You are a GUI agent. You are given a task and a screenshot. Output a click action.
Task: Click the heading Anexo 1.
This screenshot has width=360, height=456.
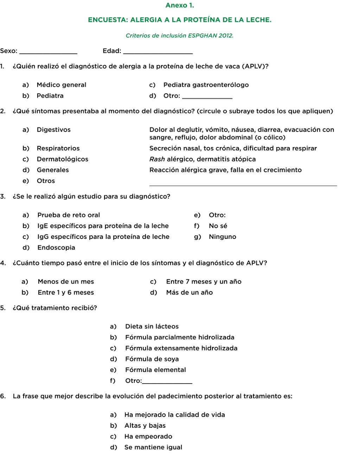click(x=180, y=5)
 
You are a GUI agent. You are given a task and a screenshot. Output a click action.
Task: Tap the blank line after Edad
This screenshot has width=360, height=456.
click(x=159, y=53)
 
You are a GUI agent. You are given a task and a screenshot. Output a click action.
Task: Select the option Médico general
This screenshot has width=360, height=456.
click(x=61, y=85)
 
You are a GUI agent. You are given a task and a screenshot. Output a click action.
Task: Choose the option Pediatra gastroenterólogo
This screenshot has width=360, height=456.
click(x=206, y=85)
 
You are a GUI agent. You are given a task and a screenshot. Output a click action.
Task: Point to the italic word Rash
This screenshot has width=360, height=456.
click(x=157, y=159)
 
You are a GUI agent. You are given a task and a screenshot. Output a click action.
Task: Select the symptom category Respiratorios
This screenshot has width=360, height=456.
click(x=58, y=148)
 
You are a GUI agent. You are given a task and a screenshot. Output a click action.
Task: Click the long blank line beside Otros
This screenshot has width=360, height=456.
click(x=243, y=184)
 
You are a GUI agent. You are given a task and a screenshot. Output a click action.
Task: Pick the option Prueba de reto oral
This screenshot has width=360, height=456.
click(x=69, y=215)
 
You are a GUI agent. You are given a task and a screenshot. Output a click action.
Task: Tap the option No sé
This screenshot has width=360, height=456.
click(x=218, y=226)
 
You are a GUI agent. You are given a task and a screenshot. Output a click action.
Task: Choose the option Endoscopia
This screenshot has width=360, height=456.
click(x=56, y=247)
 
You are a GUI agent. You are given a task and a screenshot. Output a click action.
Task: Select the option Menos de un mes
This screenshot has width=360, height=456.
click(x=66, y=281)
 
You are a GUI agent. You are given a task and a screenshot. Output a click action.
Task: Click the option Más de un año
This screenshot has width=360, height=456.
click(x=189, y=292)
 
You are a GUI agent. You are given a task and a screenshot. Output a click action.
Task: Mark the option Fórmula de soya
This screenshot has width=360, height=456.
click(x=152, y=359)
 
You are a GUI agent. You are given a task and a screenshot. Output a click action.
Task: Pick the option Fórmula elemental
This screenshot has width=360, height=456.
click(x=155, y=370)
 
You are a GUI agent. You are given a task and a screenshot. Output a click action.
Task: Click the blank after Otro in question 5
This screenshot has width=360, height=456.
click(x=167, y=382)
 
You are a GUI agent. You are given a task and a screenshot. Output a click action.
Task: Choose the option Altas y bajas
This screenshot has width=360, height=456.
click(x=145, y=425)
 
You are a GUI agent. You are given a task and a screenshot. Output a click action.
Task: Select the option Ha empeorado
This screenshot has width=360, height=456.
click(x=148, y=436)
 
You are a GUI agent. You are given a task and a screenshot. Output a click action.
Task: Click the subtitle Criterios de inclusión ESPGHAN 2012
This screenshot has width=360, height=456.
click(x=180, y=36)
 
